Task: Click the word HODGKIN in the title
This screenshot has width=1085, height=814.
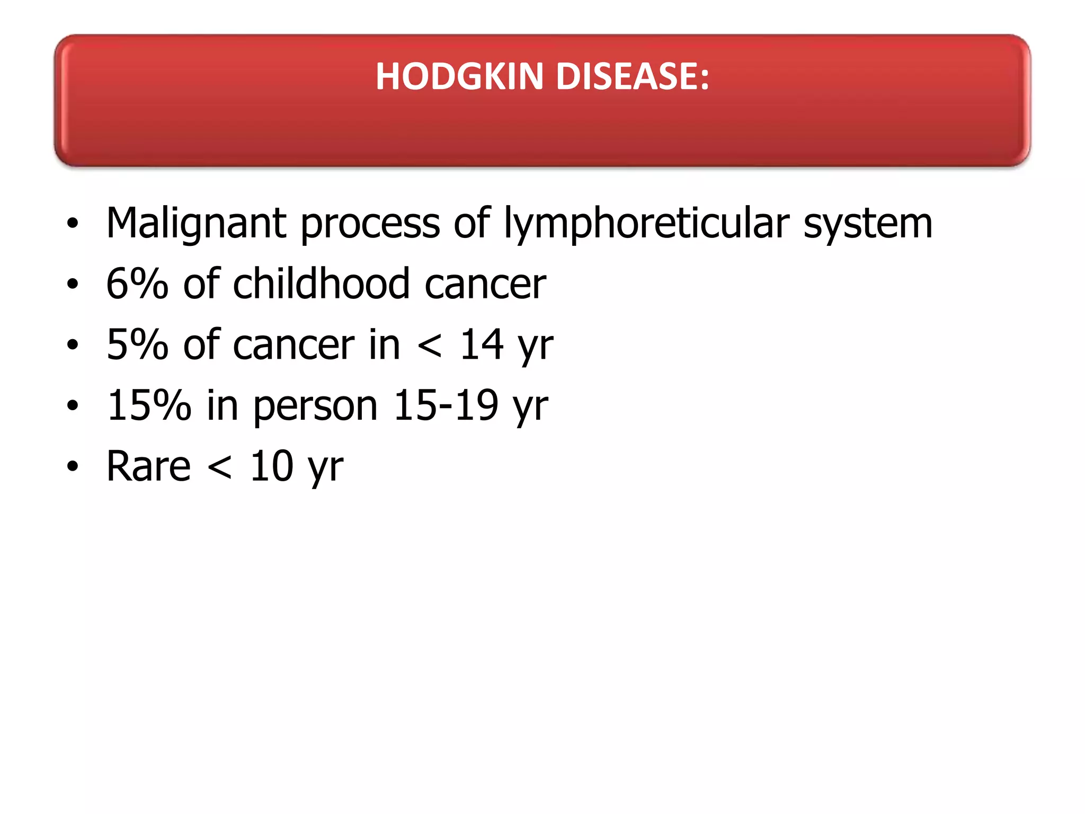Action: pyautogui.click(x=459, y=76)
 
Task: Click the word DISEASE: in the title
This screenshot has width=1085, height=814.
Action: pyautogui.click(x=632, y=76)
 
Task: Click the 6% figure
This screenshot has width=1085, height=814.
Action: pyautogui.click(x=137, y=284)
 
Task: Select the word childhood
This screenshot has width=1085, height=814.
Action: pyautogui.click(x=321, y=284)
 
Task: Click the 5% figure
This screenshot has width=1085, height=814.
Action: pyautogui.click(x=137, y=345)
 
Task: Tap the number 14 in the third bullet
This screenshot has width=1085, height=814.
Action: pyautogui.click(x=481, y=345)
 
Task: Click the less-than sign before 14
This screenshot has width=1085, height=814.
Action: pyautogui.click(x=429, y=346)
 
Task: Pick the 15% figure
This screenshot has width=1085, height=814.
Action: pyautogui.click(x=148, y=405)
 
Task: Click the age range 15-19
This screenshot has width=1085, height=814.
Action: pyautogui.click(x=446, y=405)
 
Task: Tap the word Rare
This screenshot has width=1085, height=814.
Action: pyautogui.click(x=148, y=466)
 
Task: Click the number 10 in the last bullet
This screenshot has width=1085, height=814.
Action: pyautogui.click(x=271, y=466)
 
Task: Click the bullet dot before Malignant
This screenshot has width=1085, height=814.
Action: pyautogui.click(x=73, y=224)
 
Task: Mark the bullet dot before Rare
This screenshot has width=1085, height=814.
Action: pyautogui.click(x=73, y=467)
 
